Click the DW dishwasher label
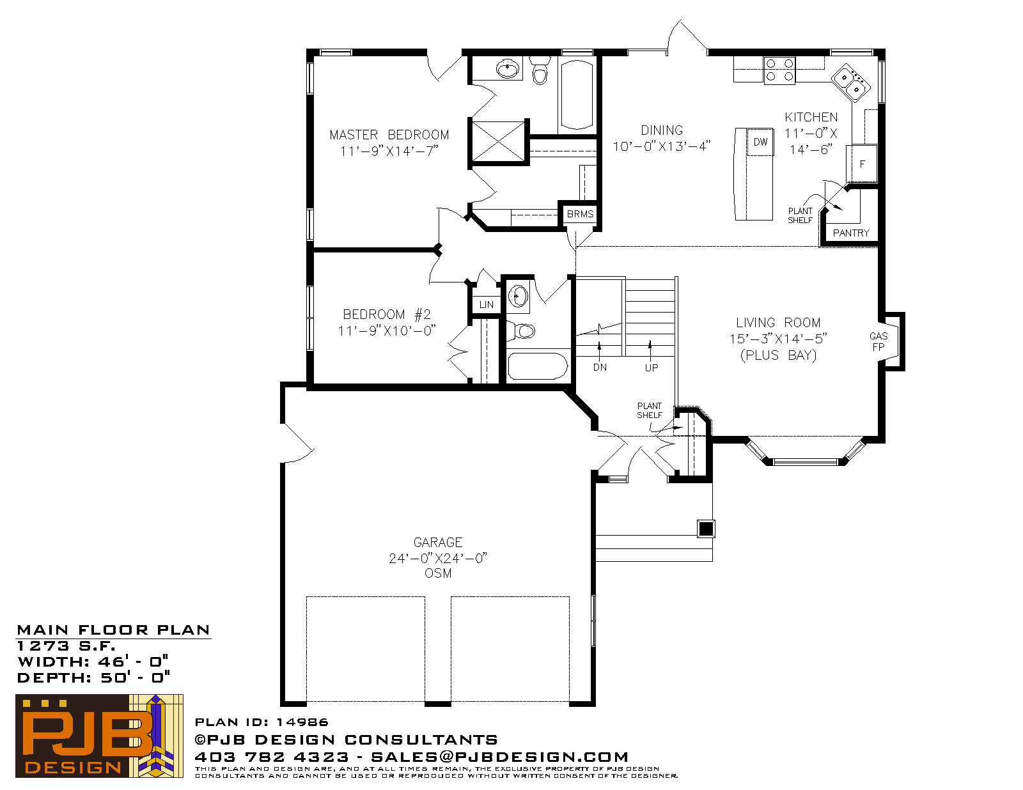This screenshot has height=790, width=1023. click(760, 142)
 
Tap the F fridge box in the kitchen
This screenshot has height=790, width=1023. click(862, 164)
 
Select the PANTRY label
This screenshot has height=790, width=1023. click(851, 233)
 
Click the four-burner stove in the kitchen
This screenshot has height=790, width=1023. click(779, 70)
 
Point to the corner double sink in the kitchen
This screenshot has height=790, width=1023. click(851, 83)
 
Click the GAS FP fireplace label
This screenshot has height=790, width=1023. click(879, 341)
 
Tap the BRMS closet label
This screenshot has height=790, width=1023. click(580, 214)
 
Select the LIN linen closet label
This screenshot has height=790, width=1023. click(487, 304)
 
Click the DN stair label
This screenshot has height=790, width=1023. click(600, 368)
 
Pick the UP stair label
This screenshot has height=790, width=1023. click(652, 368)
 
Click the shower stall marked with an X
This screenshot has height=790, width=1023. click(498, 141)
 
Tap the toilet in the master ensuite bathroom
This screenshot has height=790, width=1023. click(540, 70)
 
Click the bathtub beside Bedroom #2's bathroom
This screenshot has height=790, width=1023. click(538, 366)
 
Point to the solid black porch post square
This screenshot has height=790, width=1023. click(706, 529)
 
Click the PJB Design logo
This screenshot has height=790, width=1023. click(99, 736)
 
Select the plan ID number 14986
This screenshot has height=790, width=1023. click(302, 722)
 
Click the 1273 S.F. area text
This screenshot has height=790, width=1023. click(66, 646)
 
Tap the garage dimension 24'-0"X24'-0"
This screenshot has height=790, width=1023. click(438, 559)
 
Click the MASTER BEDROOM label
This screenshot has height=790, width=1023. click(389, 135)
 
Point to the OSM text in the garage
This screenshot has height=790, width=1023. click(438, 573)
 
